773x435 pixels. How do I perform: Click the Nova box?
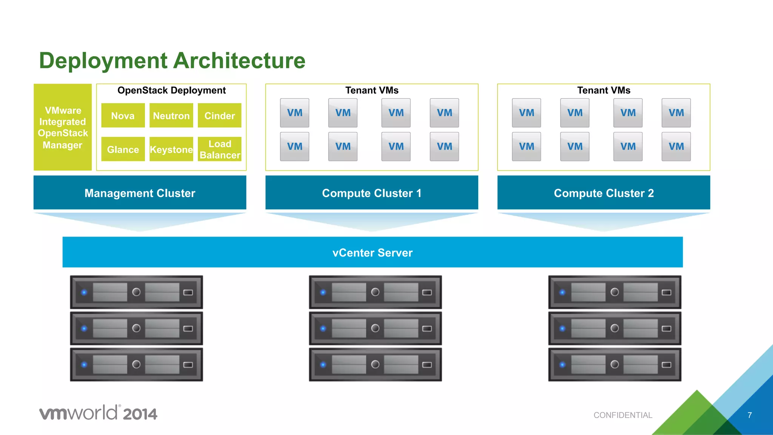[123, 115]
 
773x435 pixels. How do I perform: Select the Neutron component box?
[171, 115]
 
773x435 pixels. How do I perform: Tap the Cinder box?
[219, 115]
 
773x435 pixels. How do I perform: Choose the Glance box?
[123, 149]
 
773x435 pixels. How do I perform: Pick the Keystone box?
[171, 149]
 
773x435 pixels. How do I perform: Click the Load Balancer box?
[219, 149]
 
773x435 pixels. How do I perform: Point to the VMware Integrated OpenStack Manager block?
[63, 127]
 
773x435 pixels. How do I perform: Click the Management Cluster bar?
[140, 193]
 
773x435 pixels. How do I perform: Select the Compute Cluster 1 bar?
[371, 193]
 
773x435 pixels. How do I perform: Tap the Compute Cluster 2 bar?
[604, 193]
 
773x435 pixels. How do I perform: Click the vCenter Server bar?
[373, 252]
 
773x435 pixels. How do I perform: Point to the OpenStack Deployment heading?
[171, 91]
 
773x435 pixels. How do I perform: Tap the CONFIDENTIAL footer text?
[623, 415]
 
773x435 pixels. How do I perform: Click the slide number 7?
[750, 415]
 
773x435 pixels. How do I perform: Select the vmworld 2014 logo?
[98, 413]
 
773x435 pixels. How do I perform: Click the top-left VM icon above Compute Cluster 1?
[294, 113]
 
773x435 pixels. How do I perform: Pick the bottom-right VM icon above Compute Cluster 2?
[676, 146]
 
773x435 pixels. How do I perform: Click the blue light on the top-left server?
[84, 292]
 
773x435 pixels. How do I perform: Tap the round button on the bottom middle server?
[375, 364]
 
